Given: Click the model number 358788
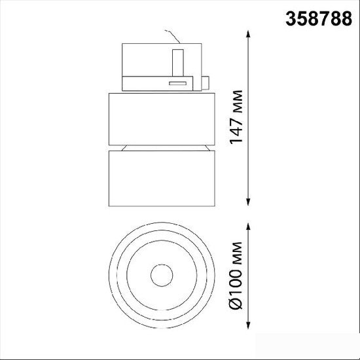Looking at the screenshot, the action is pyautogui.click(x=319, y=18).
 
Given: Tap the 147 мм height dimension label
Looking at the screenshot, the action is pyautogui.click(x=236, y=117).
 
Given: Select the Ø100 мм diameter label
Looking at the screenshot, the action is pyautogui.click(x=236, y=276).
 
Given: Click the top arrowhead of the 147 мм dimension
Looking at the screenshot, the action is pyautogui.click(x=248, y=34).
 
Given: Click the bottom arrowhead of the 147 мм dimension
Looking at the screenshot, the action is pyautogui.click(x=248, y=202).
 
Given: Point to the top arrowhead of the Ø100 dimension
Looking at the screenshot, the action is pyautogui.click(x=248, y=226).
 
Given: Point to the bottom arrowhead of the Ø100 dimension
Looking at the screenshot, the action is pyautogui.click(x=248, y=325).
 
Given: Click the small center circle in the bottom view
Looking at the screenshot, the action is pyautogui.click(x=162, y=276).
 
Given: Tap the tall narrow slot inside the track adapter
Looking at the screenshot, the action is pyautogui.click(x=178, y=63).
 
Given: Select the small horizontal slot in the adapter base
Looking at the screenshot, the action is pyautogui.click(x=177, y=83).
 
